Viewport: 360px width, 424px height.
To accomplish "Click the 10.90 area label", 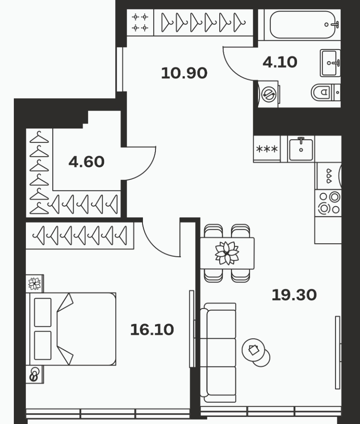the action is pos(184,73).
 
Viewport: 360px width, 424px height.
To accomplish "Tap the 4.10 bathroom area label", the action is pos(280,62).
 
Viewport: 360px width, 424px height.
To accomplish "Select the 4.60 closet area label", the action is pos(86,162).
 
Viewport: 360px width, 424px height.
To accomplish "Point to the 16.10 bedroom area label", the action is pos(152,330).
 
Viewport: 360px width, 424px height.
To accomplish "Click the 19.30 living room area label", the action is pos(294,295).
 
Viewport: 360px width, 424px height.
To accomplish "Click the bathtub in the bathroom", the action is pos(303,25).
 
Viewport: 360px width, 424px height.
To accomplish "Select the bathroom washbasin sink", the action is pos(330,63).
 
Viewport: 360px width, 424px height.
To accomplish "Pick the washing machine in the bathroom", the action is pos(269,94).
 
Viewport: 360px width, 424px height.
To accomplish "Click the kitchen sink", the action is pos(301,149).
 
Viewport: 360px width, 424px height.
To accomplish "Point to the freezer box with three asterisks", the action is pos(267,149).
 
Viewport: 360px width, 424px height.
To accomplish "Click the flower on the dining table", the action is pos(227,253).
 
